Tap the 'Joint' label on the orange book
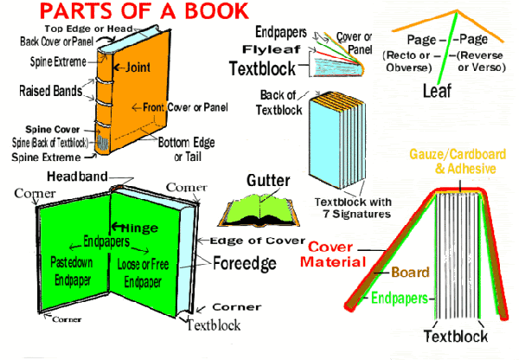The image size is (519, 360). tap(139, 67)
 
